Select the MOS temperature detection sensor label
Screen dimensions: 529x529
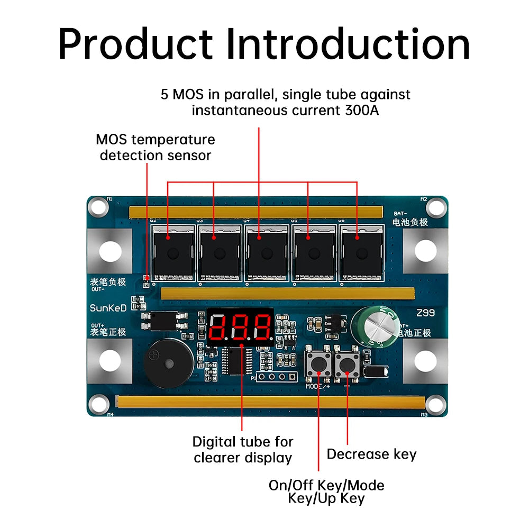pos(155,148)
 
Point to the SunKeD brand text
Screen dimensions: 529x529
pos(108,308)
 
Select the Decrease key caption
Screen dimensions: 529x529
pos(371,454)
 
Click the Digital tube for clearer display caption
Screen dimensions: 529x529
pos(242,449)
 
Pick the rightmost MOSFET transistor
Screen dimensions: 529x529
pos(359,253)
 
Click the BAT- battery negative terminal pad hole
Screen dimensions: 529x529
pos(425,250)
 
